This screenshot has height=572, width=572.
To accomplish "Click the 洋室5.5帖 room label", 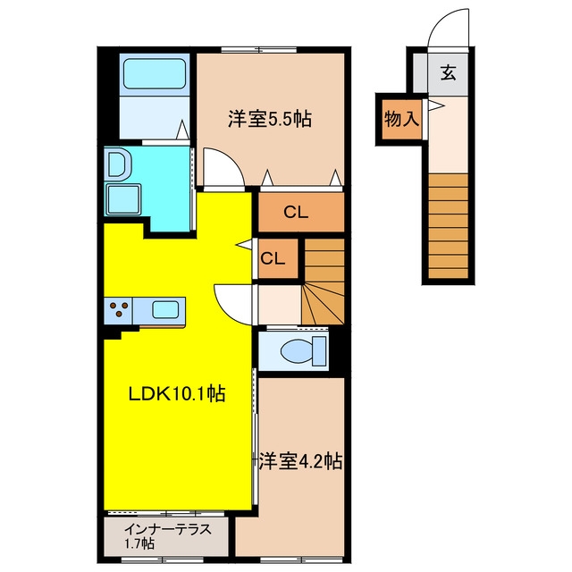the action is coord(270,119).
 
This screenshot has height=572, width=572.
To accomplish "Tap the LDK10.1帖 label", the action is coord(177,393).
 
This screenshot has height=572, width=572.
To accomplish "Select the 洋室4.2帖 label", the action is coord(300,461).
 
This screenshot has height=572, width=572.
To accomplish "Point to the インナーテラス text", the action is coord(168,529).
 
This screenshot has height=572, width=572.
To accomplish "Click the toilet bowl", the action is coord(303,351).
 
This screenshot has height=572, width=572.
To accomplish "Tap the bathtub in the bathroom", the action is coord(155,73).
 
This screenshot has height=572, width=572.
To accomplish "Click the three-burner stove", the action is coord(118,310).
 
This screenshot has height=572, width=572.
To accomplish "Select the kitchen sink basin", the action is coord(165,310).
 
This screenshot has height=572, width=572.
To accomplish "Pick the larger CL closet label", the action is coord(296,212).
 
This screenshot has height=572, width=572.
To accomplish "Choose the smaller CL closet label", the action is coord(273,258).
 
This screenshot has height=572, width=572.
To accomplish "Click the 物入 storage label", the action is coord(401,119).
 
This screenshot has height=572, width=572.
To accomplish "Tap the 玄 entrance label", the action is coord(449,72).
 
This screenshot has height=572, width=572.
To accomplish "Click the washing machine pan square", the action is coord(123,199).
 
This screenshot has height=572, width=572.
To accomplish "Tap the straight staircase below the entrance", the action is coord(449,226).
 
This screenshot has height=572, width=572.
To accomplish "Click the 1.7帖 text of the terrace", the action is coord(139,544).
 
